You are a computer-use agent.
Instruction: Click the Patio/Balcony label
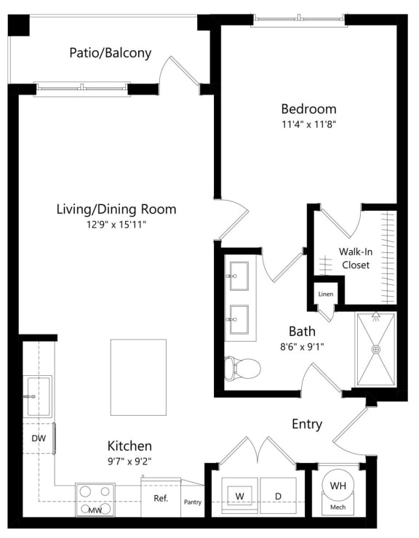[x=111, y=53]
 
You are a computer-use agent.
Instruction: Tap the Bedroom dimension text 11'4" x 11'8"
[x=308, y=124]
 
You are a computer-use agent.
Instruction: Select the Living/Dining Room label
[x=116, y=209]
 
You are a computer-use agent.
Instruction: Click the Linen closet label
[x=326, y=294]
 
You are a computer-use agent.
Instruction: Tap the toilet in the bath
[x=242, y=369]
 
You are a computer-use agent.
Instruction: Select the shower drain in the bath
[x=376, y=350]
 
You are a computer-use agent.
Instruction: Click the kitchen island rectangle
[x=138, y=377]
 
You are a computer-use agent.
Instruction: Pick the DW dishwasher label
[x=39, y=438]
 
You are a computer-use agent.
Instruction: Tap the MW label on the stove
[x=95, y=511]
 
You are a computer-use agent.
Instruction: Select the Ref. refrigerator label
[x=161, y=499]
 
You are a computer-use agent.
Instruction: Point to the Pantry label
[x=193, y=502]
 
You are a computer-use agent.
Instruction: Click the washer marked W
[x=239, y=497]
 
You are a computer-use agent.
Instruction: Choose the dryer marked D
[x=279, y=497]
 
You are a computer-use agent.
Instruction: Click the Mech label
[x=338, y=507]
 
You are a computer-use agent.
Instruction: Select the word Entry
[x=307, y=425]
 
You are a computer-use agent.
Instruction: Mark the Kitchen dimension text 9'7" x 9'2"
[x=129, y=460]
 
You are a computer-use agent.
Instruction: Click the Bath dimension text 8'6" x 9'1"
[x=301, y=347]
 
